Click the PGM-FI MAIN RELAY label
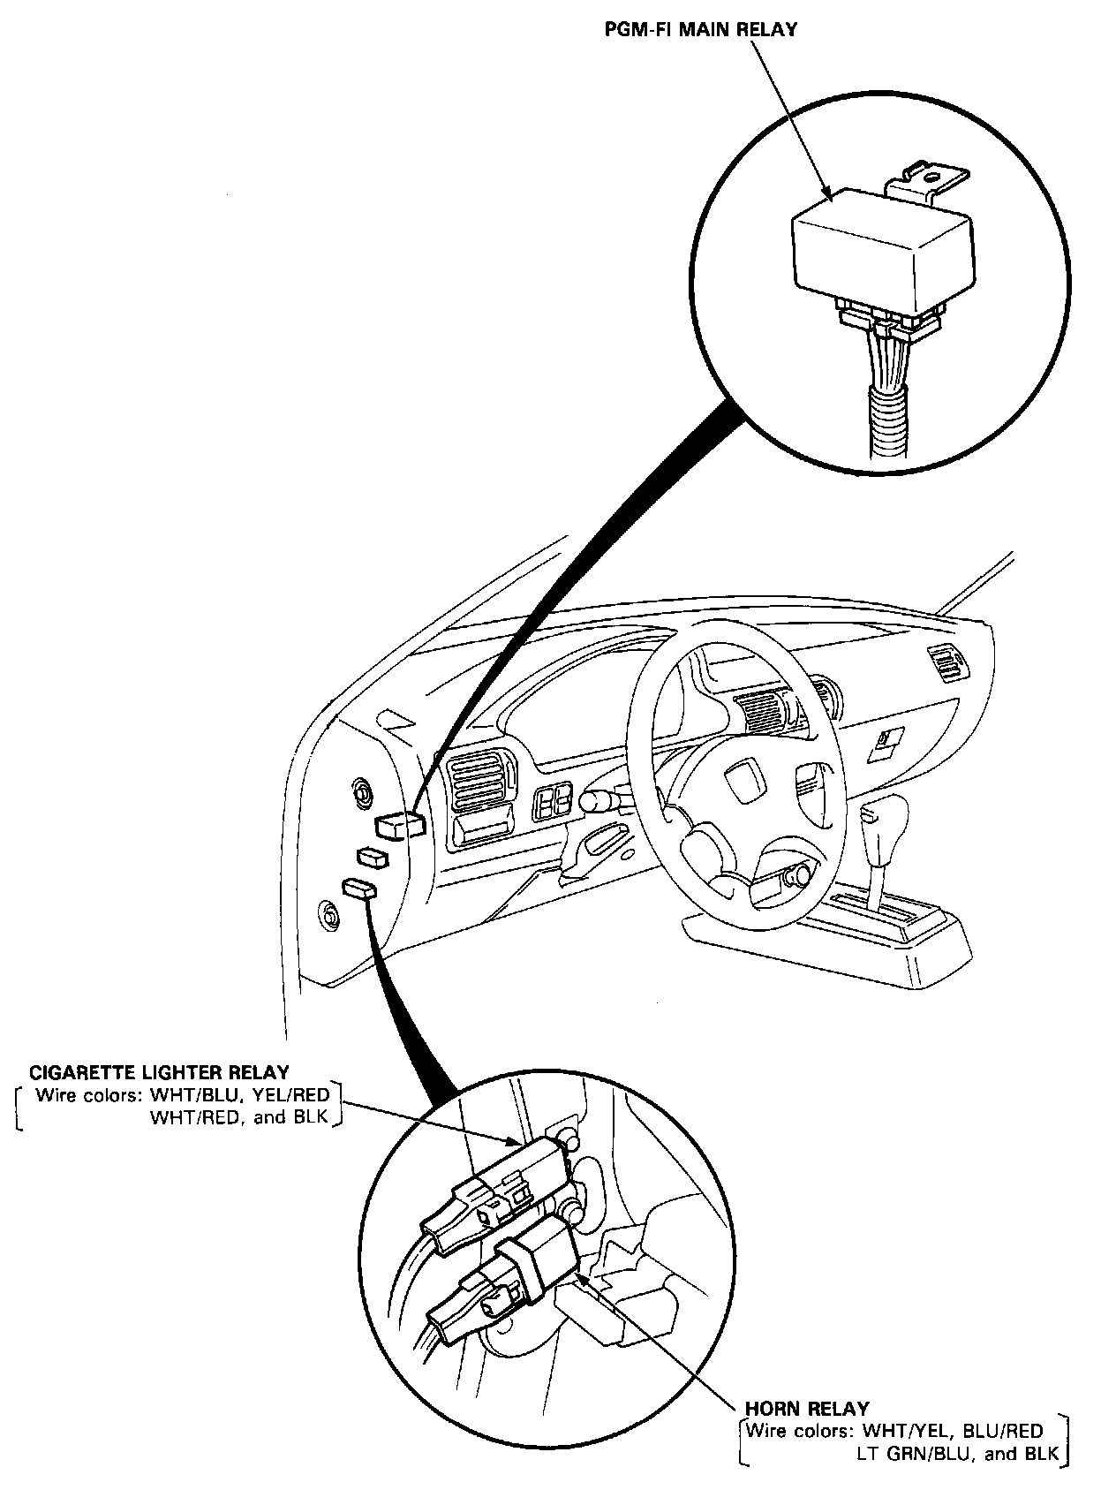700,29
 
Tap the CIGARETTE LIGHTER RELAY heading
159,1072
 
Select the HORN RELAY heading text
807,1408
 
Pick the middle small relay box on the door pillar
372,856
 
